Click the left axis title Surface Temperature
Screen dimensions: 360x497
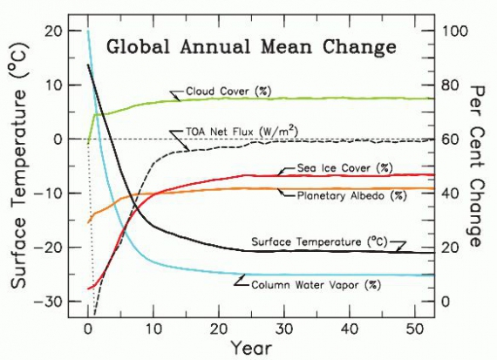(17, 166)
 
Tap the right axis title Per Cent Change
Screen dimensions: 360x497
(479, 165)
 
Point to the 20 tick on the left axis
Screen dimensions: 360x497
(51, 31)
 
